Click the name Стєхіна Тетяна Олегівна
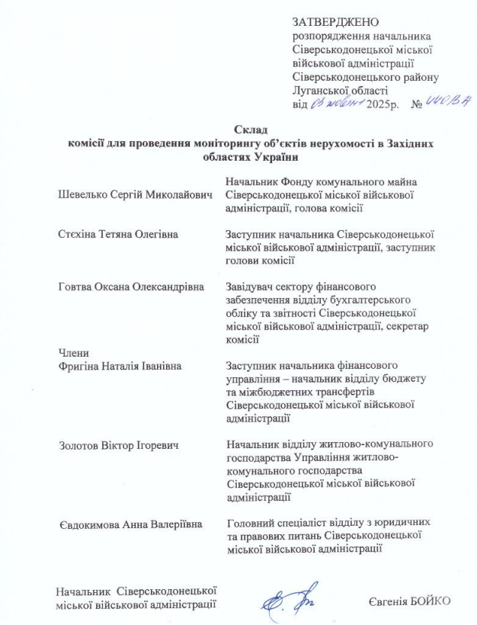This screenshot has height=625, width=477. point(118,234)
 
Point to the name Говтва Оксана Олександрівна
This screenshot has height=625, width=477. point(131,287)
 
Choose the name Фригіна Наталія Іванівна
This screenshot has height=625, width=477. point(120,367)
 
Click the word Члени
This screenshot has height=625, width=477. point(74,353)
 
